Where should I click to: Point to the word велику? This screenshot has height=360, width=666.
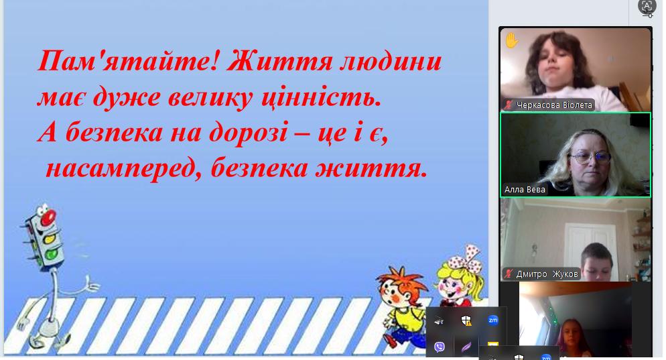(x=210, y=97)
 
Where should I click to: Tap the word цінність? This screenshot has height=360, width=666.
(x=321, y=97)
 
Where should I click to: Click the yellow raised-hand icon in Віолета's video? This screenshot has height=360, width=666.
(x=511, y=41)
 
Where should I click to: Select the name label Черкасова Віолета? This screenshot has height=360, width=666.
(x=554, y=105)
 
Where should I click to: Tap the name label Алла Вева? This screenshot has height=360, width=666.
(x=525, y=190)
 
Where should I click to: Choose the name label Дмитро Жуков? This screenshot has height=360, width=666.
(x=547, y=274)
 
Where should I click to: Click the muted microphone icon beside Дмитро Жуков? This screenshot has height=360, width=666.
(x=508, y=274)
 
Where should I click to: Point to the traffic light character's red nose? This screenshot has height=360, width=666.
(x=48, y=218)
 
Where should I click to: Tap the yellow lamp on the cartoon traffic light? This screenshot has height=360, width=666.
(x=50, y=239)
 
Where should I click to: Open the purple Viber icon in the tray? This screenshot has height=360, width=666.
(x=439, y=347)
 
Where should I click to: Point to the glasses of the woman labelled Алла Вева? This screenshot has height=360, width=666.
(x=590, y=158)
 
